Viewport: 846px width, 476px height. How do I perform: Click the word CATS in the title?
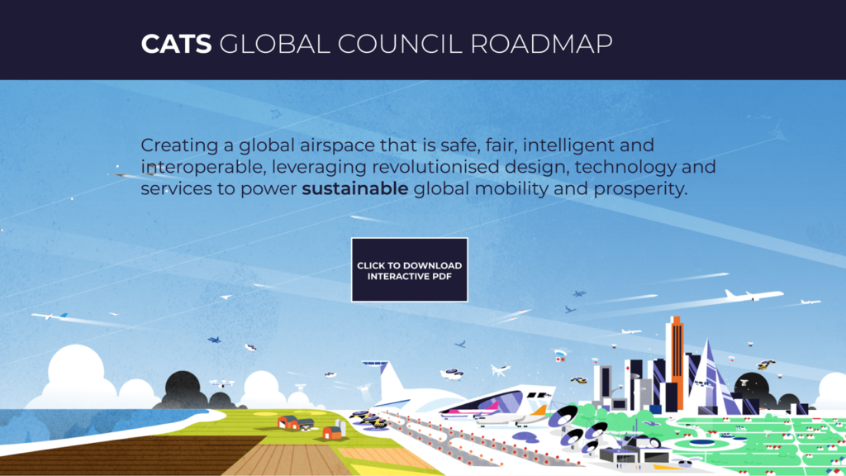pos(177,45)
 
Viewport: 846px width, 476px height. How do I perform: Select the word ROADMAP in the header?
pos(541,45)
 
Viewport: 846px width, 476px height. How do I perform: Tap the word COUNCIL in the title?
pos(400,45)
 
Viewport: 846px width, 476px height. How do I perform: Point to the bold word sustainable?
pos(355,188)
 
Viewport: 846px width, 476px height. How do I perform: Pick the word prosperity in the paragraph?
pos(640,190)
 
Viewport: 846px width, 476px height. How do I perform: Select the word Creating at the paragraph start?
pos(179,146)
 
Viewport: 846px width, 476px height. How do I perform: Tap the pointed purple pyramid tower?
pos(709,378)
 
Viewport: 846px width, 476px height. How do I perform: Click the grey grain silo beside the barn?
pos(340,427)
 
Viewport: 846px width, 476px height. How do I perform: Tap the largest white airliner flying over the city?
pos(753,295)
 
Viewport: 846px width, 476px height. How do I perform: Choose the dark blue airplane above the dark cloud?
pos(214,340)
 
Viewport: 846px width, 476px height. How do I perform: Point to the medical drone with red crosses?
pos(561,355)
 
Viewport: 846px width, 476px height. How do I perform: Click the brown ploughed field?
pos(124,454)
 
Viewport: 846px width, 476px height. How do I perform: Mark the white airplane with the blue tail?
pos(49,316)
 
